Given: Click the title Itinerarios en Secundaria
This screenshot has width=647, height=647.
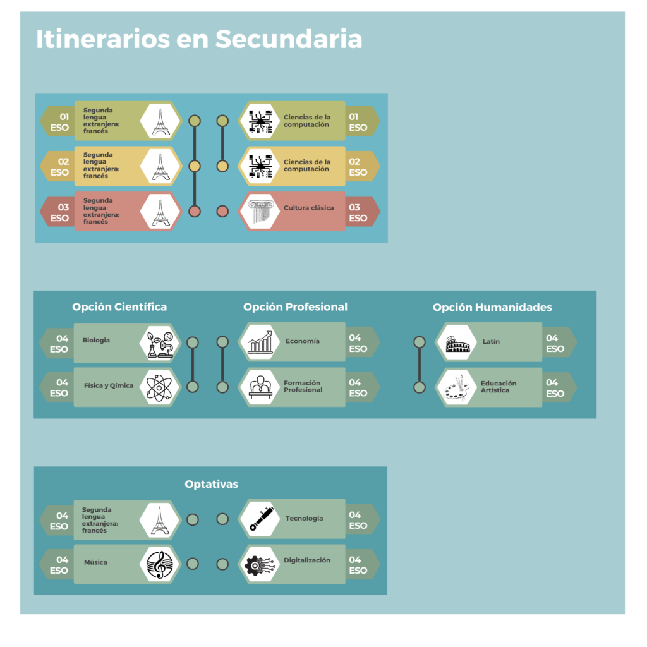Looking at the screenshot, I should pyautogui.click(x=199, y=39).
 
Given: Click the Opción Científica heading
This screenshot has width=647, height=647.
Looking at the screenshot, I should pyautogui.click(x=119, y=307).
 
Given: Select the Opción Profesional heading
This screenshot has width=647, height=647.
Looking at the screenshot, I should pyautogui.click(x=295, y=307).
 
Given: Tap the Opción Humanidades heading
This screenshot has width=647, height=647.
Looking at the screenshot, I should pyautogui.click(x=492, y=308).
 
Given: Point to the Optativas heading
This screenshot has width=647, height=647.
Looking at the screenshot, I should pyautogui.click(x=211, y=484).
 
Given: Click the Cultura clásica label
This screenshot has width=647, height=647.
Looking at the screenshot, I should pyautogui.click(x=308, y=208).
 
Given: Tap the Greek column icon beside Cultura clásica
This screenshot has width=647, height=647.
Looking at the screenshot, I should pyautogui.click(x=260, y=212).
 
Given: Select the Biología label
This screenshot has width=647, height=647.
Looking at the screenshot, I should pyautogui.click(x=96, y=341).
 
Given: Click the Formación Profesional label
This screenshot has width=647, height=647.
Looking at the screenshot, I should pyautogui.click(x=303, y=387).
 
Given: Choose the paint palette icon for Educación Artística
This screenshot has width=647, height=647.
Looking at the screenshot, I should pyautogui.click(x=457, y=387).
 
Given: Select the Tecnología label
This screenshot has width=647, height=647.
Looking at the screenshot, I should pyautogui.click(x=304, y=519).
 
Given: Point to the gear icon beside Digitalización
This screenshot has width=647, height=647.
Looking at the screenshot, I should pyautogui.click(x=260, y=564).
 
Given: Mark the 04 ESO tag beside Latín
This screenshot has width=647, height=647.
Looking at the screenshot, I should pyautogui.click(x=555, y=343).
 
